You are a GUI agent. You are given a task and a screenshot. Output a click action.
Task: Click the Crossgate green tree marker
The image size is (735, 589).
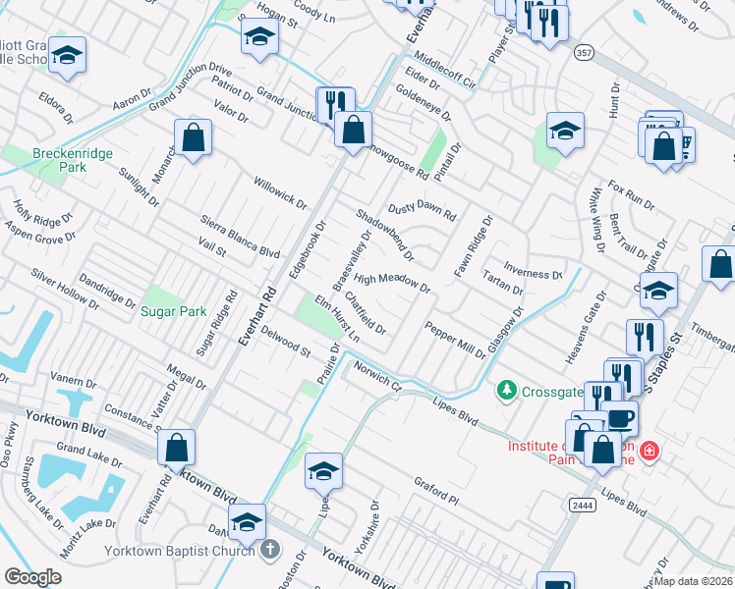pos(507,390)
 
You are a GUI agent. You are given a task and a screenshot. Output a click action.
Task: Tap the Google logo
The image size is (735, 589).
pos(32,577)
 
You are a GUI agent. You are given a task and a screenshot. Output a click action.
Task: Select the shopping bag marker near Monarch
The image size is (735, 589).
pos(194,138)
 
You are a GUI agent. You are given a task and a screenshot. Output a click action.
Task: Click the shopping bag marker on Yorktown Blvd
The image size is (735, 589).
pos(176,448)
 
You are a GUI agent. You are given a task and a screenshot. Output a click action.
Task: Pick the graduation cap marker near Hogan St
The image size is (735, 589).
pos(258,37)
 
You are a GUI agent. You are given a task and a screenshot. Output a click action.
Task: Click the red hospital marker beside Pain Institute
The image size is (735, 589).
pos(649,452)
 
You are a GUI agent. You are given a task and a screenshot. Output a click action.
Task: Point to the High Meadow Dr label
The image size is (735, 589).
pos(392,283)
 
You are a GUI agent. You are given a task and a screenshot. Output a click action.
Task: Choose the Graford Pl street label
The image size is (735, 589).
pos(436,491)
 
